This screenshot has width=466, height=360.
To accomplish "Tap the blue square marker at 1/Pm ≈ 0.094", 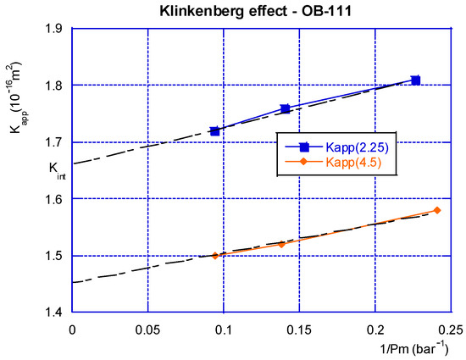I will click(214, 131).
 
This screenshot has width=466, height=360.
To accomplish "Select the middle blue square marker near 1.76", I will click(286, 108).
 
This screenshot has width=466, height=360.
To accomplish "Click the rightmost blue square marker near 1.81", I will click(415, 80).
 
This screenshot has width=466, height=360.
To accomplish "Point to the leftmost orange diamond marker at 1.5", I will click(215, 255).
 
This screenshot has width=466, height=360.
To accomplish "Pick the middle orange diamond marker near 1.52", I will click(282, 244).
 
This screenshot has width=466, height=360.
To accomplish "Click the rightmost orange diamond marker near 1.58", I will click(437, 210).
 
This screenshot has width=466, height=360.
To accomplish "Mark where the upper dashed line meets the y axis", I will click(73, 163).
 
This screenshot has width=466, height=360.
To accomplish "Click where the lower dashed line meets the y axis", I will click(73, 282).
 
